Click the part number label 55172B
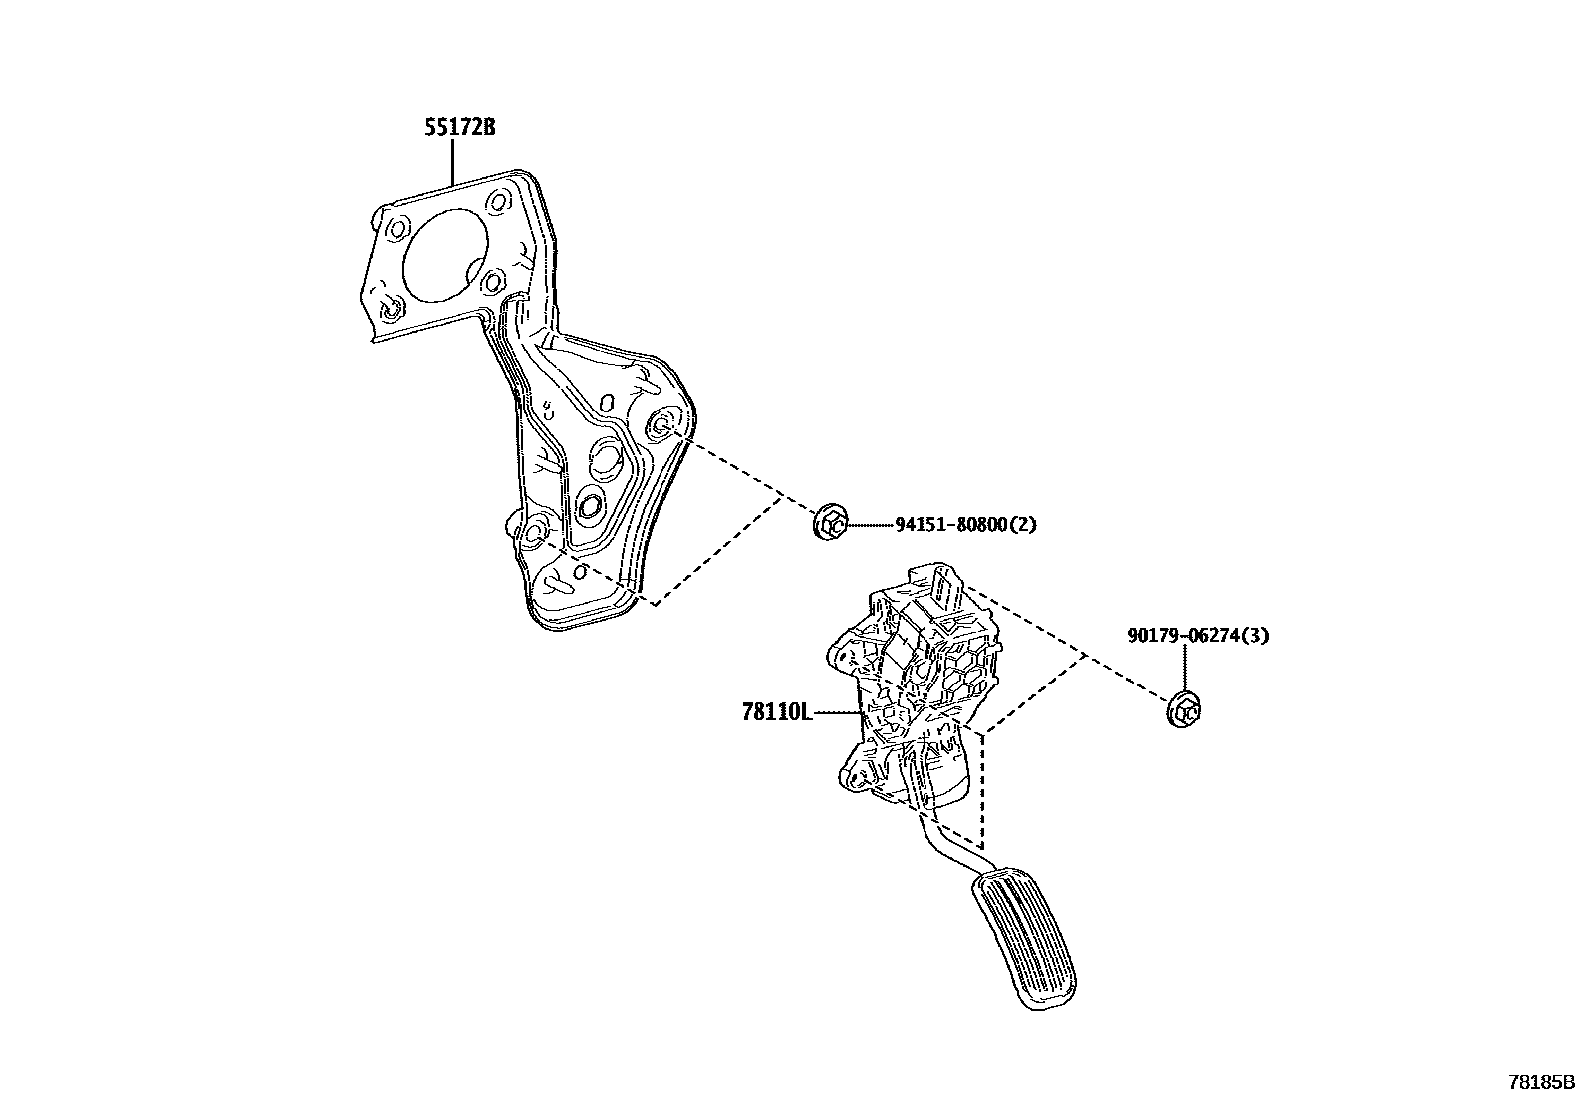coord(458,128)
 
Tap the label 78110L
coord(777,713)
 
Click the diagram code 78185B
coord(1539,1082)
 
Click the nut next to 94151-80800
coord(831,523)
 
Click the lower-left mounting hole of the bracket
coord(535,531)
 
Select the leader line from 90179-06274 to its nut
coord(1185,668)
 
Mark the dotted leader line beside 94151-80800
coord(870,524)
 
